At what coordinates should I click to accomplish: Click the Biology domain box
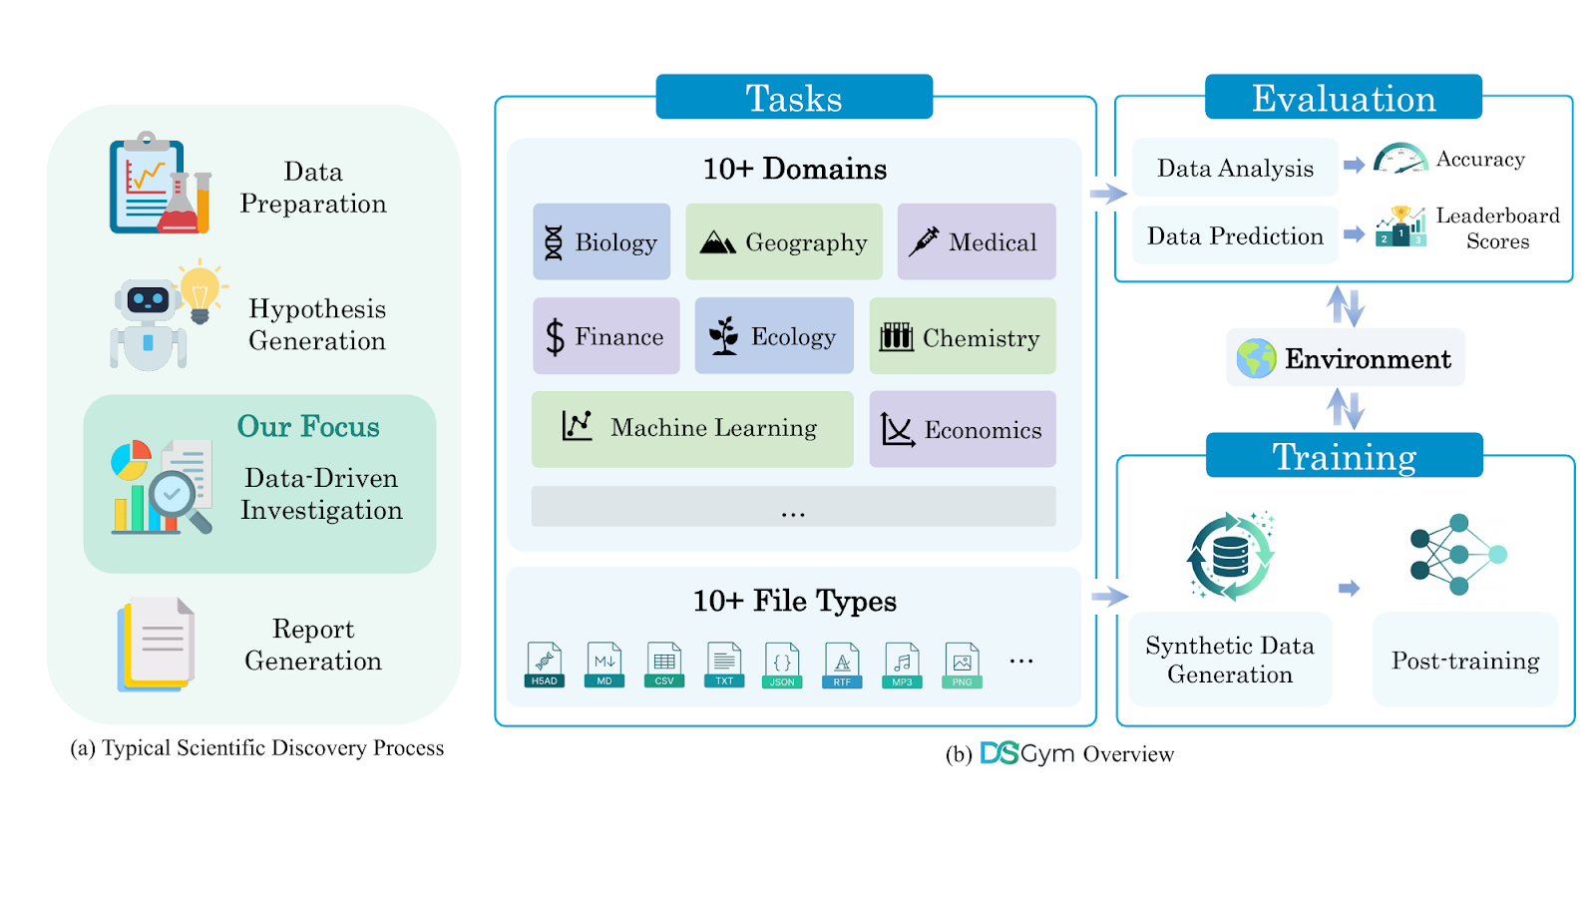601,242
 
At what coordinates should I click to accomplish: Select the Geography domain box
784,242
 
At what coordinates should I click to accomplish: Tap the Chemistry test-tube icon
896,337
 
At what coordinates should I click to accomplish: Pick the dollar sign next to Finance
555,337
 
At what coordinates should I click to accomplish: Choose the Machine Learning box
692,429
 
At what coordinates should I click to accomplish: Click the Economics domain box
963,429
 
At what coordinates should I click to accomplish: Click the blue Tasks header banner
794,97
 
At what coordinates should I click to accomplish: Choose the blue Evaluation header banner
1343,97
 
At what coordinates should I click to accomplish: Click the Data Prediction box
1235,236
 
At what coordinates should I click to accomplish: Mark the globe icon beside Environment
1256,358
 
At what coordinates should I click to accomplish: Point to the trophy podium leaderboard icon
1400,226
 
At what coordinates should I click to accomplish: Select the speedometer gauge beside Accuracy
1400,159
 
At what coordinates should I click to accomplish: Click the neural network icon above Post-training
1458,555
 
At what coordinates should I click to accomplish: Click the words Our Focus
308,427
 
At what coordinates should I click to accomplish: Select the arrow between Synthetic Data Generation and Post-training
1349,589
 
